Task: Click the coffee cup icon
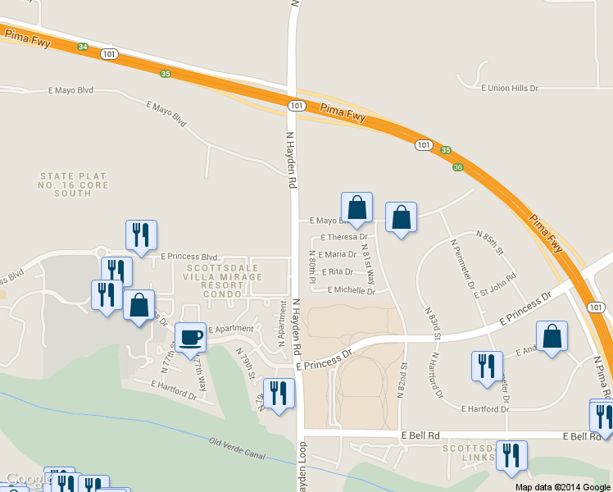(x=191, y=337)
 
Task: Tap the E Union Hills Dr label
(x=510, y=88)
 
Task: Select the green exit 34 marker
(x=83, y=47)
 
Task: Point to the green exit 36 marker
(x=457, y=167)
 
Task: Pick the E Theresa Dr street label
(x=344, y=237)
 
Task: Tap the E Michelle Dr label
(x=351, y=290)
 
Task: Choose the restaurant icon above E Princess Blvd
(x=141, y=235)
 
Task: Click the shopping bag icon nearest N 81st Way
(x=356, y=208)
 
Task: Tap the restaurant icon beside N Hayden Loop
(x=279, y=393)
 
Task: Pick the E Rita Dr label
(x=337, y=271)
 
